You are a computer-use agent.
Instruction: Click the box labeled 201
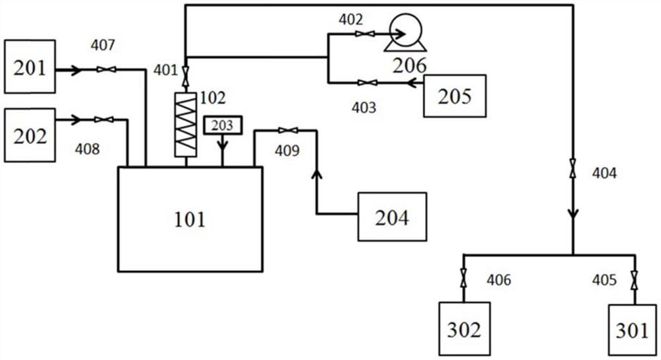point(29,66)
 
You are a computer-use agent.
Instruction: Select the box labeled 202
point(29,135)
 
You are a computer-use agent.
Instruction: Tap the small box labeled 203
point(223,124)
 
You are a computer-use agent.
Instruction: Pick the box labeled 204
point(392,216)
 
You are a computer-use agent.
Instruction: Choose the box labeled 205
point(454,96)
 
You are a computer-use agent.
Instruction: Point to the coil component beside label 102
point(186,124)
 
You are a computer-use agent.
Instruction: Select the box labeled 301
point(633,328)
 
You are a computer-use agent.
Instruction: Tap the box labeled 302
point(464,328)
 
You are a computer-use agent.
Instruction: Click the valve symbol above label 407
point(106,69)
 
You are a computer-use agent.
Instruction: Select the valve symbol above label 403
point(368,83)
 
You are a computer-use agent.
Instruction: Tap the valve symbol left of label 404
point(572,173)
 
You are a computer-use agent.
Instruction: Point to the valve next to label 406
point(464,279)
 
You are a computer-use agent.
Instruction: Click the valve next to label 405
point(633,279)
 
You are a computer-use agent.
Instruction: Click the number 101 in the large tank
point(190,219)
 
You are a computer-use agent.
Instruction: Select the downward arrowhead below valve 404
point(572,213)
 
